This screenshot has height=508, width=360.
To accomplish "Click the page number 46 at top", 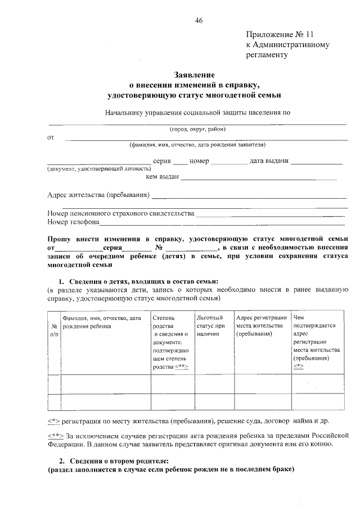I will point(199,21).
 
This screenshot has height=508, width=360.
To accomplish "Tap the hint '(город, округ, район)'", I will point(197,129).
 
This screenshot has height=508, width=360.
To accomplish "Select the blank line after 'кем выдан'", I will point(258,178).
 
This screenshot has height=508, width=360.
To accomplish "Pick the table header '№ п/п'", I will point(54,329).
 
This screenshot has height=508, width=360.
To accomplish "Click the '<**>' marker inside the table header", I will point(181,367).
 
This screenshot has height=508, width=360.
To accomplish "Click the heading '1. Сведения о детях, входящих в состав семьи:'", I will point(138,281).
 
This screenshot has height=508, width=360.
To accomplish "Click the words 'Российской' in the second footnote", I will point(334,434).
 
